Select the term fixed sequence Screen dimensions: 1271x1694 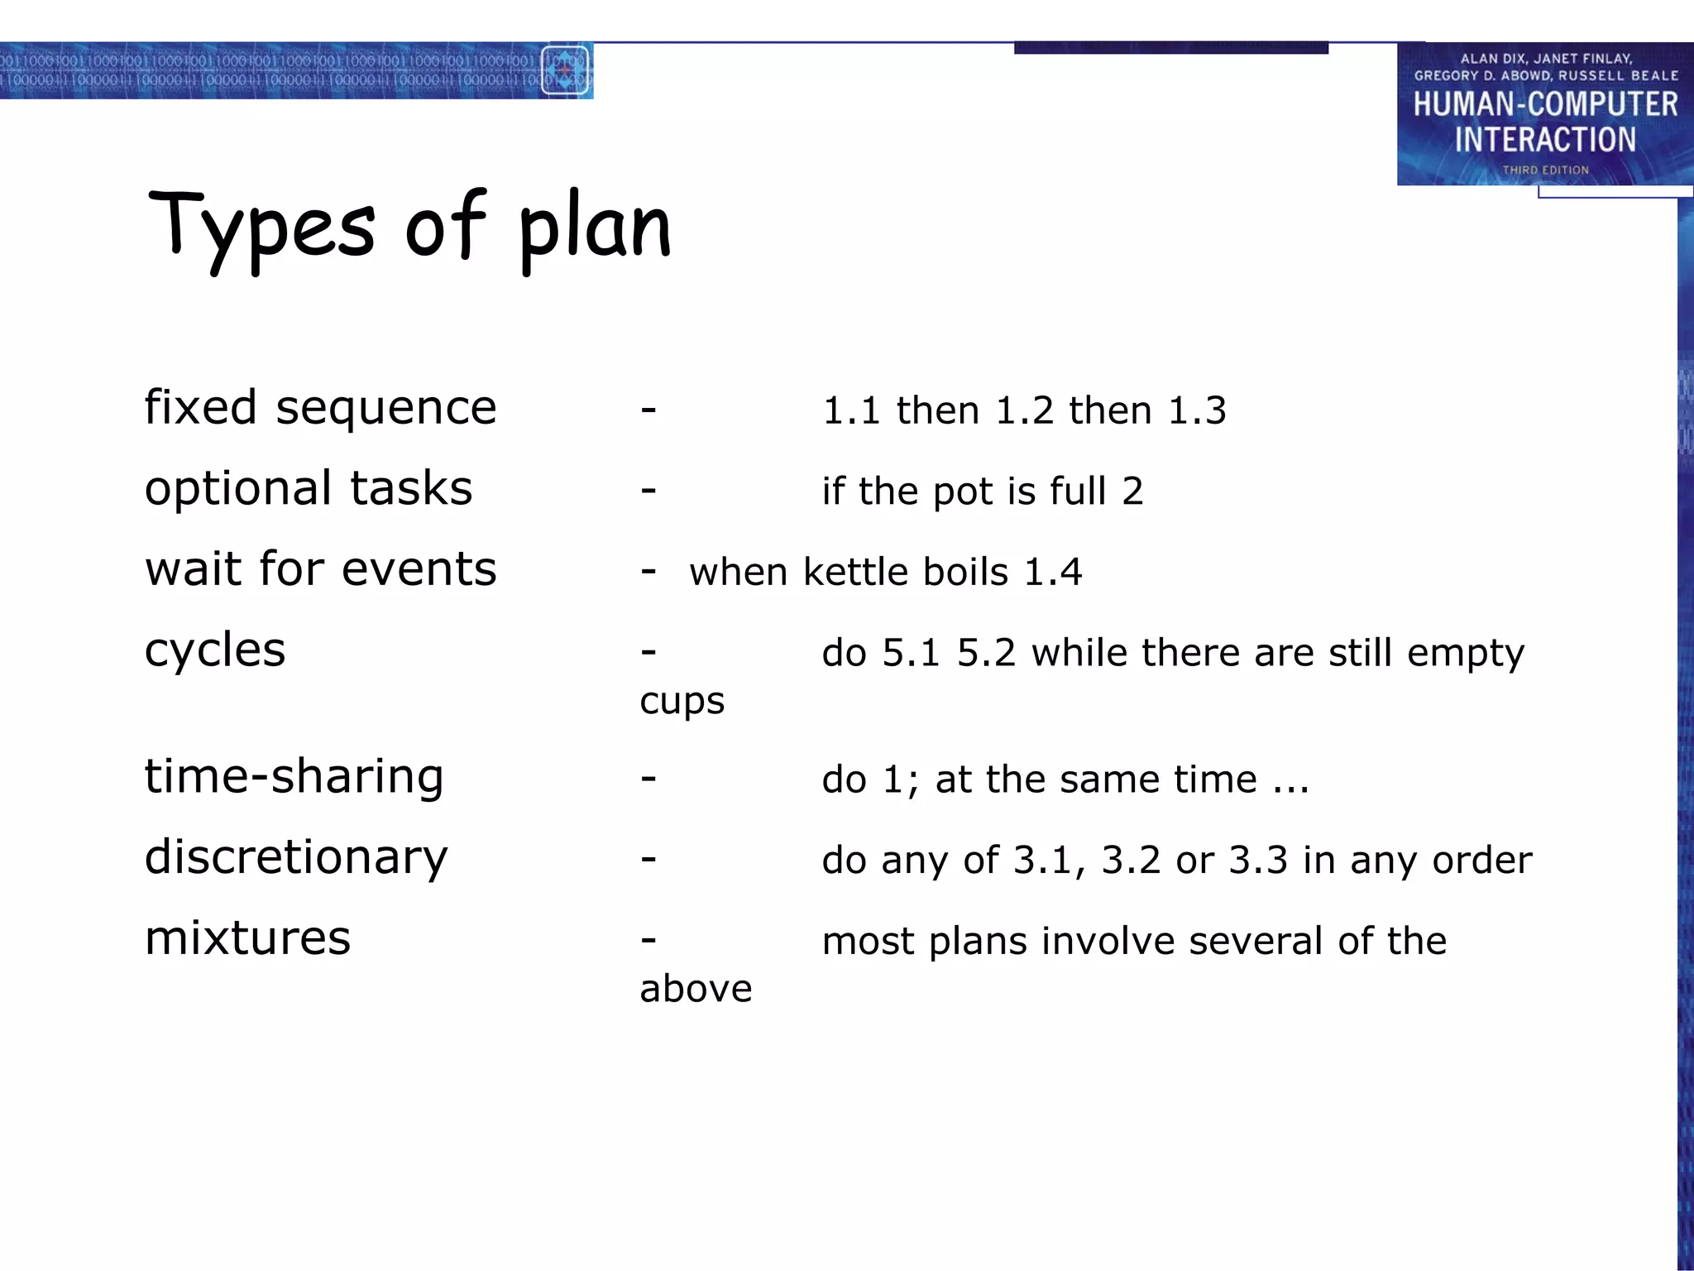pyautogui.click(x=320, y=408)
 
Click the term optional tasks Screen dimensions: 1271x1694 pyautogui.click(x=309, y=488)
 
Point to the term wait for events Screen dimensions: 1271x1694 pyautogui.click(x=320, y=569)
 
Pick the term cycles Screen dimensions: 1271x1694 pyautogui.click(x=215, y=650)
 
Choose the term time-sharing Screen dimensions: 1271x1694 pyautogui.click(x=294, y=777)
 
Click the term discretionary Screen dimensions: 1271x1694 pyautogui.click(x=296, y=858)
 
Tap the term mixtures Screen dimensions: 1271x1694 pyautogui.click(x=247, y=938)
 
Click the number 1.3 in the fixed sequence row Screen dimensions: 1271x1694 pyautogui.click(x=1197, y=411)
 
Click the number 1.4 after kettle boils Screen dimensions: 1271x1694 pyautogui.click(x=1052, y=573)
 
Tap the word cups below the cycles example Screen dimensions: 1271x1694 pyautogui.click(x=682, y=702)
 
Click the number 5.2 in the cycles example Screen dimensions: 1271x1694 pyautogui.click(x=986, y=654)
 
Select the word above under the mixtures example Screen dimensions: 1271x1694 pyautogui.click(x=696, y=989)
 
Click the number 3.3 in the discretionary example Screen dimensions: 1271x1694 pyautogui.click(x=1258, y=861)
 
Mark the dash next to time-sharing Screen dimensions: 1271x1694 pyautogui.click(x=648, y=778)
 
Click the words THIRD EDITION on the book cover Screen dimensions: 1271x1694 pyautogui.click(x=1545, y=170)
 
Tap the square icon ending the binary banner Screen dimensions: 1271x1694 pyautogui.click(x=565, y=70)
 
